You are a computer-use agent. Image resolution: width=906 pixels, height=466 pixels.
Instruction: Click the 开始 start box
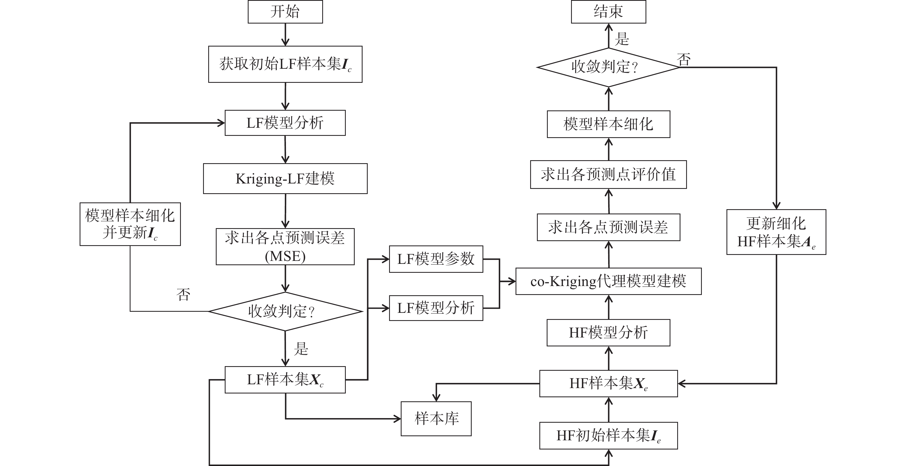pyautogui.click(x=285, y=12)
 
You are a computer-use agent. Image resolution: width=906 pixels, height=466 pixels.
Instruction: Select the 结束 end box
pyautogui.click(x=608, y=12)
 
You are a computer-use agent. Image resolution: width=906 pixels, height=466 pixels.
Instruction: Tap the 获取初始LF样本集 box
pyautogui.click(x=285, y=64)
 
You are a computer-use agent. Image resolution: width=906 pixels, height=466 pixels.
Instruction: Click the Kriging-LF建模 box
pyautogui.click(x=285, y=179)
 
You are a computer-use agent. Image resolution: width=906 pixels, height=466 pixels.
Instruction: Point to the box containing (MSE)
pyautogui.click(x=285, y=247)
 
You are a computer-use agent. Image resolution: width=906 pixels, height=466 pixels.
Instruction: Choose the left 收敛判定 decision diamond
pyautogui.click(x=285, y=311)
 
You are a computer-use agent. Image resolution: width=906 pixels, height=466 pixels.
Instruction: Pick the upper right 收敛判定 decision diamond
pyautogui.click(x=608, y=67)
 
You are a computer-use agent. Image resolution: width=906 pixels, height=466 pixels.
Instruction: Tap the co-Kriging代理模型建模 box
pyautogui.click(x=608, y=281)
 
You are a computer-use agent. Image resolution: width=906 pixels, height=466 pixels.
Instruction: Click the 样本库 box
pyautogui.click(x=436, y=419)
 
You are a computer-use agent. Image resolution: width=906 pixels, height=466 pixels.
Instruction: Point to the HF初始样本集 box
pyautogui.click(x=608, y=436)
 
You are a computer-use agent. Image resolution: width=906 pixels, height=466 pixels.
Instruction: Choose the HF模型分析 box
pyautogui.click(x=608, y=333)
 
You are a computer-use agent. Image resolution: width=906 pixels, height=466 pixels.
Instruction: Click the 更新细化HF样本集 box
pyautogui.click(x=776, y=232)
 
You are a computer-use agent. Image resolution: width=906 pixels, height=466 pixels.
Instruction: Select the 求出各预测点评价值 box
pyautogui.click(x=608, y=175)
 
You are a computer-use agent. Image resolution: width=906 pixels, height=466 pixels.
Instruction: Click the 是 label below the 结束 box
pyautogui.click(x=622, y=39)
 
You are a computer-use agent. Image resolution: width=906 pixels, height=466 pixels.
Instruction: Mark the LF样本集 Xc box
pyautogui.click(x=285, y=380)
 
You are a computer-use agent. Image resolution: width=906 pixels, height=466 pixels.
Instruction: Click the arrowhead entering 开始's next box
pyautogui.click(x=285, y=42)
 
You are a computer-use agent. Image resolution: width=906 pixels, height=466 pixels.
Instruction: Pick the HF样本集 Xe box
pyautogui.click(x=608, y=383)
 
